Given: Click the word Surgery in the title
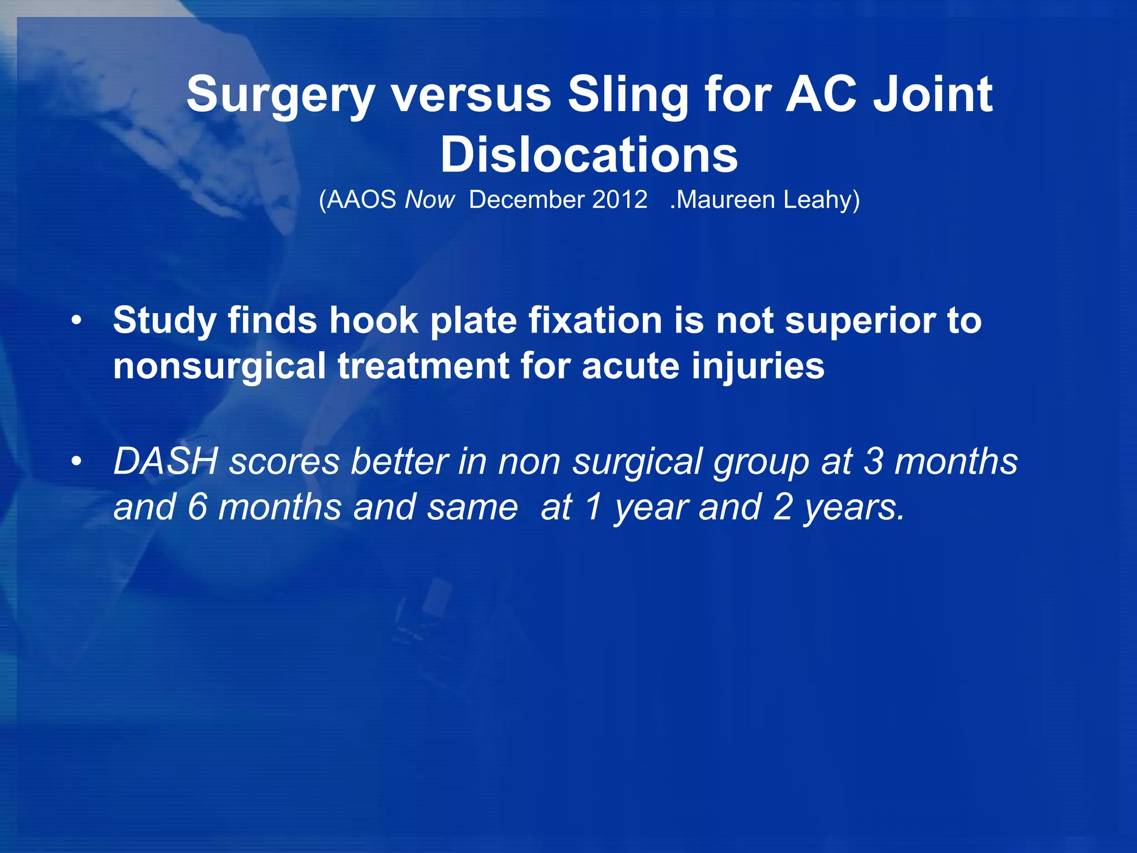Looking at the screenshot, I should coord(280,96).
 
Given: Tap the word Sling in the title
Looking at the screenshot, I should coord(627,96).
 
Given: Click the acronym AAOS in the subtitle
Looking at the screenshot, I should coord(361,200).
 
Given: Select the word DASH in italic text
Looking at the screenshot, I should coord(165,461).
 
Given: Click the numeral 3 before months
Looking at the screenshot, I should coord(873,461).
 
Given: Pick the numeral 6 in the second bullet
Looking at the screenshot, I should coord(197,507).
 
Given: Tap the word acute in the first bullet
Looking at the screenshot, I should coord(630,367).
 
